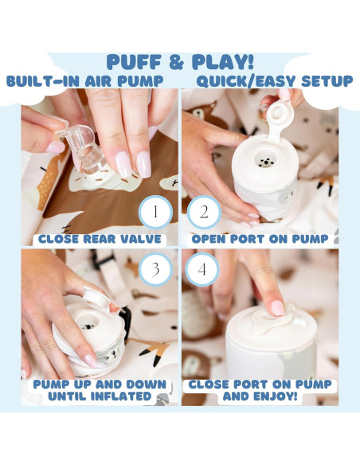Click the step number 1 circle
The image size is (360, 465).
click(155, 212)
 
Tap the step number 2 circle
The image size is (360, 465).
click(204, 212)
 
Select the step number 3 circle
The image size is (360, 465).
click(155, 269)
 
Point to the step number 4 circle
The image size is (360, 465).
click(202, 269)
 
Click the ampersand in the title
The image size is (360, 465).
click(177, 62)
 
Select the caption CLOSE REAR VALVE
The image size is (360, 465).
click(100, 239)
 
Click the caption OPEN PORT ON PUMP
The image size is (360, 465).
click(260, 239)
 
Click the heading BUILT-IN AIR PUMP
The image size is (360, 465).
click(84, 81)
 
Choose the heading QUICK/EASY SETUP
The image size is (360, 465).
click(275, 81)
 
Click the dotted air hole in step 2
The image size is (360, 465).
click(266, 161)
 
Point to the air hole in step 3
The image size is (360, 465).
click(88, 326)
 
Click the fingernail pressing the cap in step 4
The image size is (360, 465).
click(277, 308)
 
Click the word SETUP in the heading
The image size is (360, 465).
click(327, 81)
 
